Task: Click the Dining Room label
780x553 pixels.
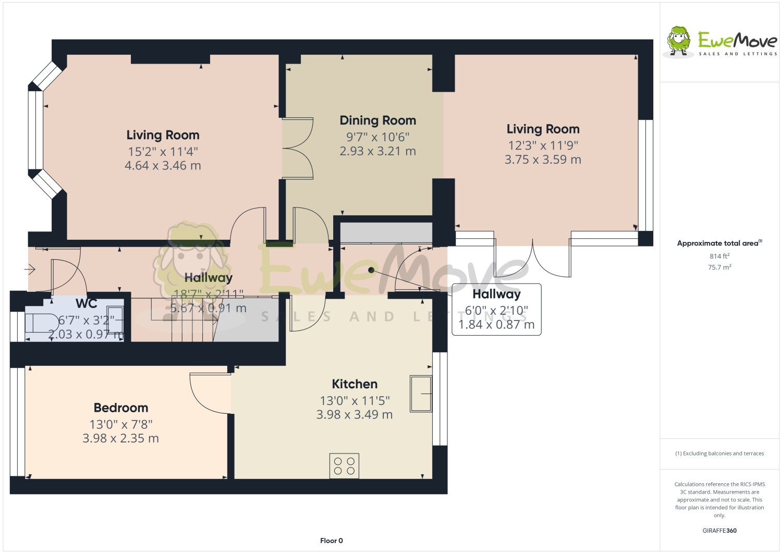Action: [377, 120]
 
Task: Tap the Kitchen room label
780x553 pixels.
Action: [355, 384]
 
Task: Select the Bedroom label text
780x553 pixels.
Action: [121, 408]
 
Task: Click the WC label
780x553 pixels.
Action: [87, 303]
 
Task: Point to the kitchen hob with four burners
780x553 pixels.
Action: [344, 466]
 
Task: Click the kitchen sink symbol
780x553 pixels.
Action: [421, 394]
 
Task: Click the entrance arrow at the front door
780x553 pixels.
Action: [30, 269]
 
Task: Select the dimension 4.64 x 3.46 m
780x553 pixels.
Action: [163, 166]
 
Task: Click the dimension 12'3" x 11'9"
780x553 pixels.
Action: [543, 145]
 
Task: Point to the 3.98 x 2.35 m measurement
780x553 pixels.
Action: [120, 439]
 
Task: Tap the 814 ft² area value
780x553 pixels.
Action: [719, 256]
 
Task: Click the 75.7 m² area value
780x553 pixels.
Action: [719, 267]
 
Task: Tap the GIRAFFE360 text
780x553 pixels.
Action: [720, 531]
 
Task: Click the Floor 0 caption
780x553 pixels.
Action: [332, 540]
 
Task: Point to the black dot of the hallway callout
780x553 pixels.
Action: [371, 270]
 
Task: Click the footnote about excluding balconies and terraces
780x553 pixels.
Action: [720, 453]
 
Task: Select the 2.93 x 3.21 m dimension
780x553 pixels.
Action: [377, 151]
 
